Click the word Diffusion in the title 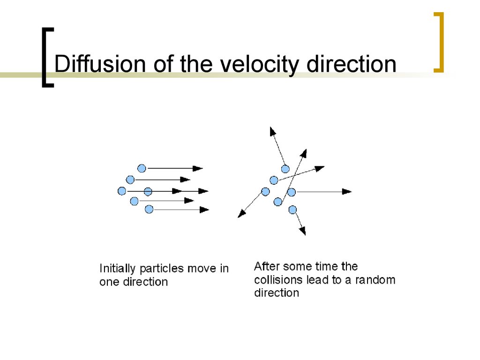[100, 64]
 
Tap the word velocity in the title [259, 65]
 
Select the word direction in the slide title [351, 64]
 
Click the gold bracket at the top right [439, 42]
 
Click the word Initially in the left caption [117, 269]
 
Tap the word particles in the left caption [162, 269]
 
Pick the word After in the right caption [267, 266]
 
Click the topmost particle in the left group [142, 168]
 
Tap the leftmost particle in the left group [122, 191]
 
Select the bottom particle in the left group [149, 210]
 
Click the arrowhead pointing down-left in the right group [241, 214]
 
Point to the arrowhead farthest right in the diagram [347, 192]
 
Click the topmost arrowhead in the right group [272, 131]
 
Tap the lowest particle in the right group [292, 210]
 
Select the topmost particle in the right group [285, 169]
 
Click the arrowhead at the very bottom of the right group [302, 231]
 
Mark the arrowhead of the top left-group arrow [198, 168]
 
